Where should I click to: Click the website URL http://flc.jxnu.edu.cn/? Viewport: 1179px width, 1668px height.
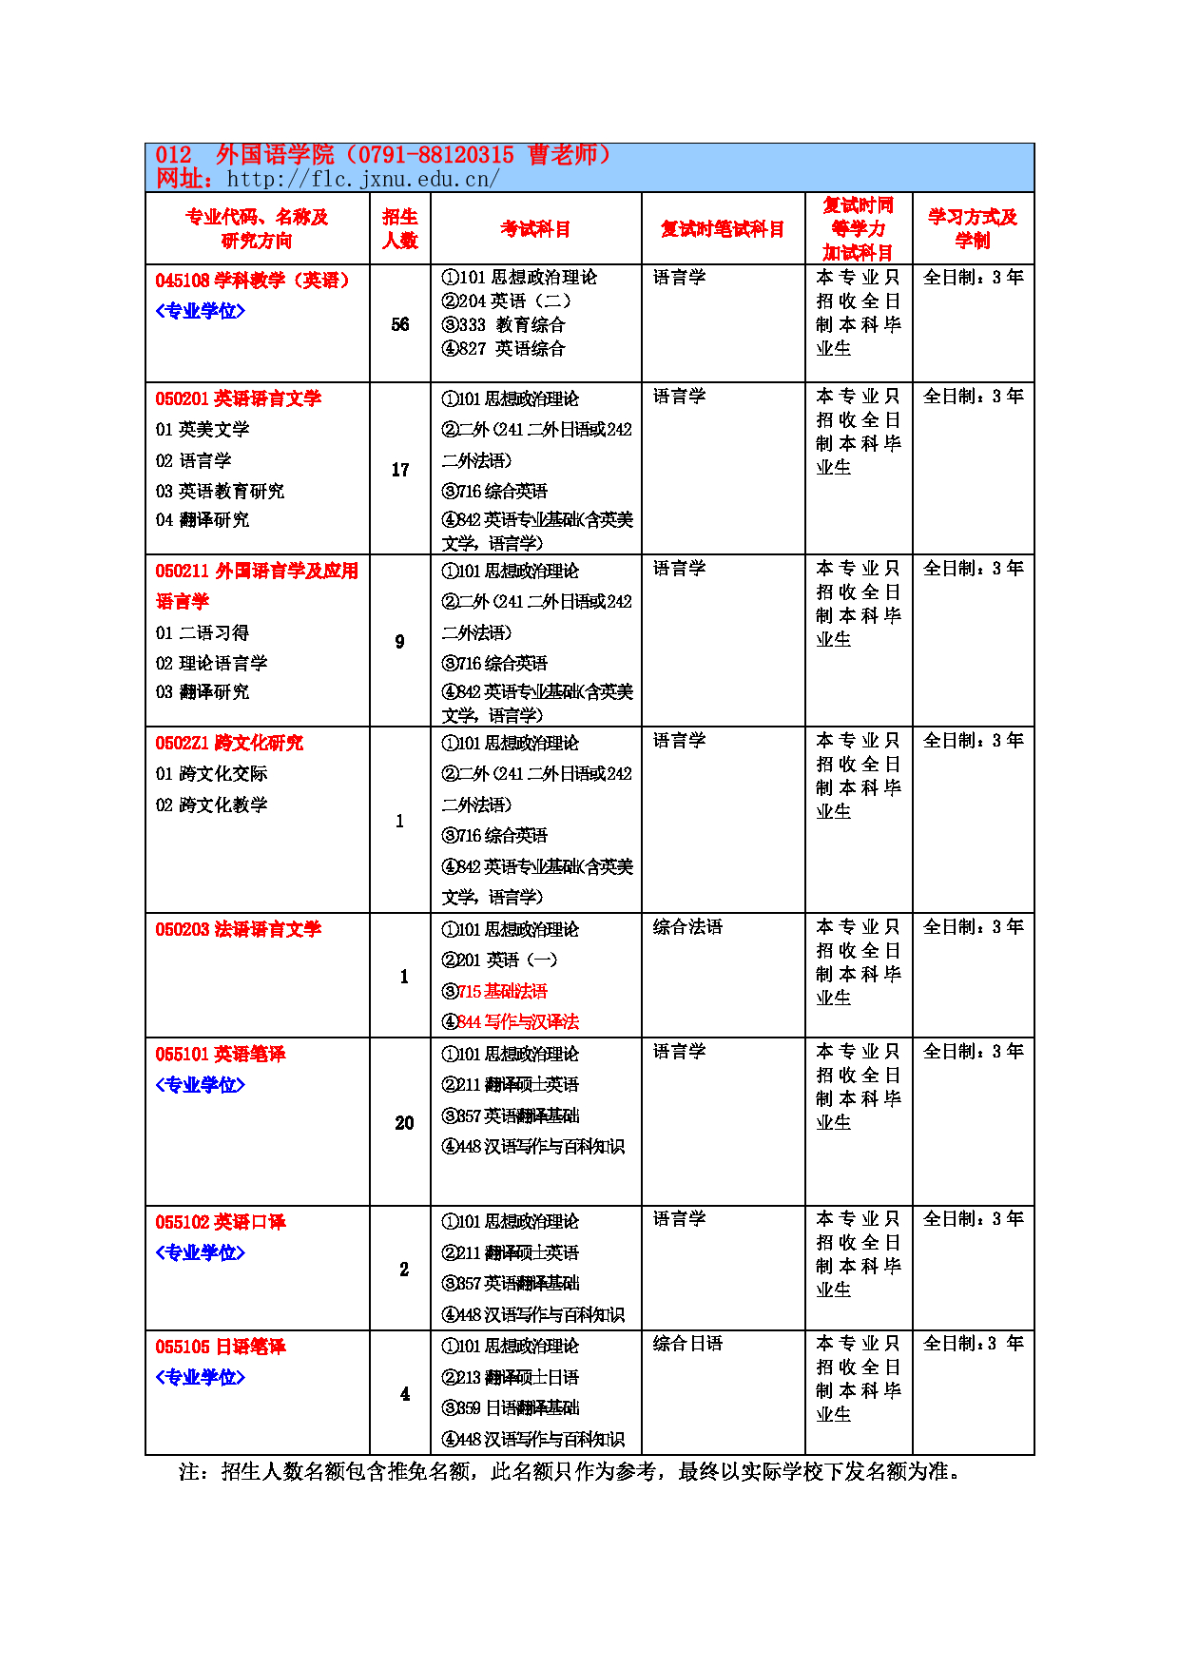(x=362, y=179)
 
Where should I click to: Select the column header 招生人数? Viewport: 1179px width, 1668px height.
(x=400, y=229)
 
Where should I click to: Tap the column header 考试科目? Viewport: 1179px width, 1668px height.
(x=535, y=229)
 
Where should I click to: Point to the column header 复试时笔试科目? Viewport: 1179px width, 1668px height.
(x=723, y=229)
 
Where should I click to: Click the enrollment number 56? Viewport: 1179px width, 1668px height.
(x=400, y=324)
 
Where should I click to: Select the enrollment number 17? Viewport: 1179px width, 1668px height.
(x=400, y=470)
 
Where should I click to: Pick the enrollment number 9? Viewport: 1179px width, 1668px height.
(x=400, y=642)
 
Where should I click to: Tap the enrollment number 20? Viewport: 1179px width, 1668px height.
(x=404, y=1123)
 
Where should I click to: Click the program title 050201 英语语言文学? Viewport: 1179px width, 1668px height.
(x=239, y=398)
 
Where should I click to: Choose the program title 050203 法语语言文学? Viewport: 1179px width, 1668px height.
(x=239, y=929)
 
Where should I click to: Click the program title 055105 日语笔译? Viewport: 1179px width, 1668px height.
(x=221, y=1347)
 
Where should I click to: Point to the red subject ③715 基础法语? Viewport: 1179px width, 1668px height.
(x=494, y=991)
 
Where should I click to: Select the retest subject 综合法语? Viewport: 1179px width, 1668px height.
(x=687, y=927)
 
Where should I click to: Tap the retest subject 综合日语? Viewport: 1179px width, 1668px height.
(x=687, y=1344)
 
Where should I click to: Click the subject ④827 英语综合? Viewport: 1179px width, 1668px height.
(x=503, y=349)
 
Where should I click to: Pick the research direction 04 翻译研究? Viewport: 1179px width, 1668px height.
(x=203, y=520)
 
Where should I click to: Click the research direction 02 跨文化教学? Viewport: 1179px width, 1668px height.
(x=211, y=805)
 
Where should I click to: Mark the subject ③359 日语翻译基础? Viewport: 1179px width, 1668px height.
(x=511, y=1407)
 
